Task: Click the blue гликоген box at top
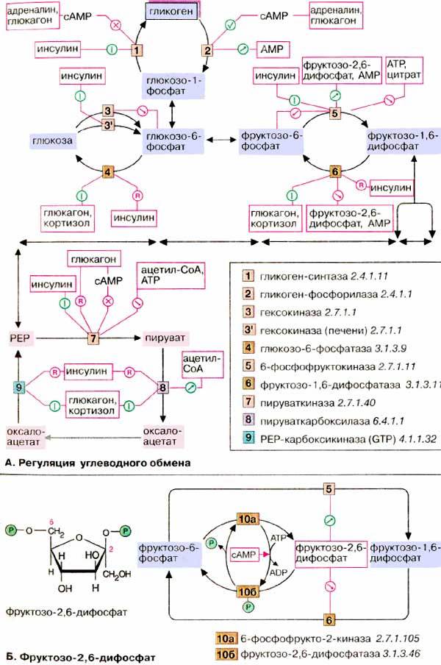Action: click(x=171, y=12)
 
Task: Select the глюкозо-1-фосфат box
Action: click(x=172, y=85)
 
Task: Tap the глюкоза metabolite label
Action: click(x=51, y=141)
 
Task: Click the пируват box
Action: click(x=165, y=338)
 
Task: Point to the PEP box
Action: click(x=21, y=338)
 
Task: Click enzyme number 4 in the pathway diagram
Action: click(x=109, y=172)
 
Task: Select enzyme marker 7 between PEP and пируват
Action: click(x=93, y=338)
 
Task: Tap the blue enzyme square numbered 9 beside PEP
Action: click(x=19, y=387)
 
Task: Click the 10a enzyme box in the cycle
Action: click(x=248, y=519)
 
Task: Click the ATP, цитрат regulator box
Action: click(x=404, y=70)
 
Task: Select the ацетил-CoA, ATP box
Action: click(x=171, y=275)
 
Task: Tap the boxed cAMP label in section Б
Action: click(x=244, y=555)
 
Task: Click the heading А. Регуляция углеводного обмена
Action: click(x=98, y=463)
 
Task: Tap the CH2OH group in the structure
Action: click(x=117, y=575)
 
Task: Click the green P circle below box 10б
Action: click(x=248, y=607)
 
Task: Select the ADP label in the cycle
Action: click(x=279, y=572)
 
